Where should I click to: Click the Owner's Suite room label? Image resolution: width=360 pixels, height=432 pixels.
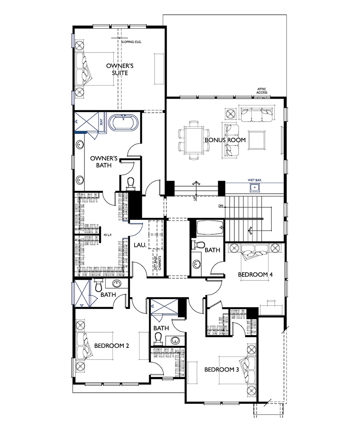pyautogui.click(x=120, y=69)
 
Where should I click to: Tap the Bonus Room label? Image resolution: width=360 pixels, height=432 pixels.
pyautogui.click(x=225, y=140)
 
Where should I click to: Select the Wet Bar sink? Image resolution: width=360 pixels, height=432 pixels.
pyautogui.click(x=255, y=188)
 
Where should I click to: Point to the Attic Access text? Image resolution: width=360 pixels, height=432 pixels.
pyautogui.click(x=262, y=91)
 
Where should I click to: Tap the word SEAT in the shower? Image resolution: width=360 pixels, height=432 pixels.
pyautogui.click(x=102, y=122)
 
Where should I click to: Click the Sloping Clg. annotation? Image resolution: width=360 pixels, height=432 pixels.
pyautogui.click(x=131, y=42)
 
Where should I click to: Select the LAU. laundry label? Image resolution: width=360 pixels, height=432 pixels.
pyautogui.click(x=140, y=245)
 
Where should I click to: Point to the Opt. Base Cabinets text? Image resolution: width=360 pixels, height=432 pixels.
pyautogui.click(x=157, y=263)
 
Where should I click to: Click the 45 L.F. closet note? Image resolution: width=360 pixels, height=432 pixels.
pyautogui.click(x=108, y=235)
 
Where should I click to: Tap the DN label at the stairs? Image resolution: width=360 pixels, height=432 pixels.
pyautogui.click(x=221, y=206)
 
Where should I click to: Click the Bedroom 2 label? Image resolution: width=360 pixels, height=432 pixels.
pyautogui.click(x=112, y=346)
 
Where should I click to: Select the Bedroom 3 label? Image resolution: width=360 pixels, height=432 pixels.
pyautogui.click(x=222, y=369)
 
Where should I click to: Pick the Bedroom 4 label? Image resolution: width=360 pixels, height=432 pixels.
pyautogui.click(x=255, y=275)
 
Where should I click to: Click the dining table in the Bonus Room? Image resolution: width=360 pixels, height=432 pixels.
pyautogui.click(x=194, y=140)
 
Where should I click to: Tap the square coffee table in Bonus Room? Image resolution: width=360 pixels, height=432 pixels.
pyautogui.click(x=257, y=140)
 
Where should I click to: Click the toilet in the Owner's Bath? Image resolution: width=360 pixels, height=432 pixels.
pyautogui.click(x=130, y=183)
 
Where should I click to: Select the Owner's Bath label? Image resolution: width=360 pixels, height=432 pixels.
pyautogui.click(x=104, y=162)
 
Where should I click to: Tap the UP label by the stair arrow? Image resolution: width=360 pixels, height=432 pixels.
pyautogui.click(x=194, y=198)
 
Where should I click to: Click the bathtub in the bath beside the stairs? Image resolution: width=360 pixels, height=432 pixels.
pyautogui.click(x=210, y=228)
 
